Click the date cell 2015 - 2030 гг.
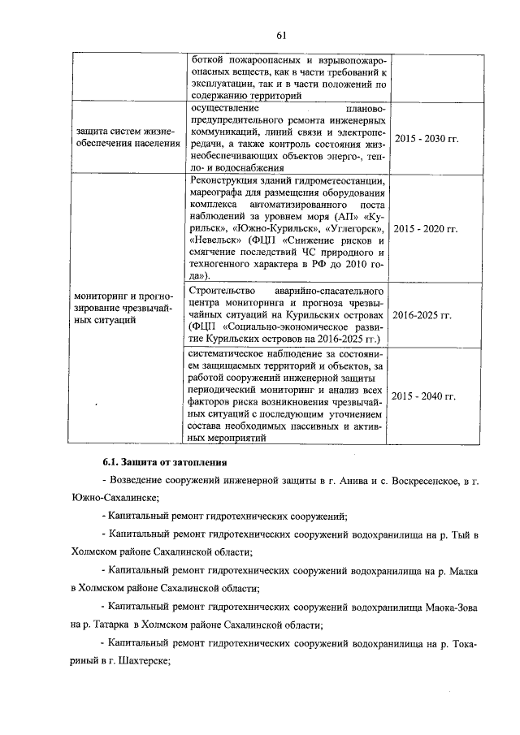click(x=427, y=139)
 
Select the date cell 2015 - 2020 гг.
click(x=427, y=230)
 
